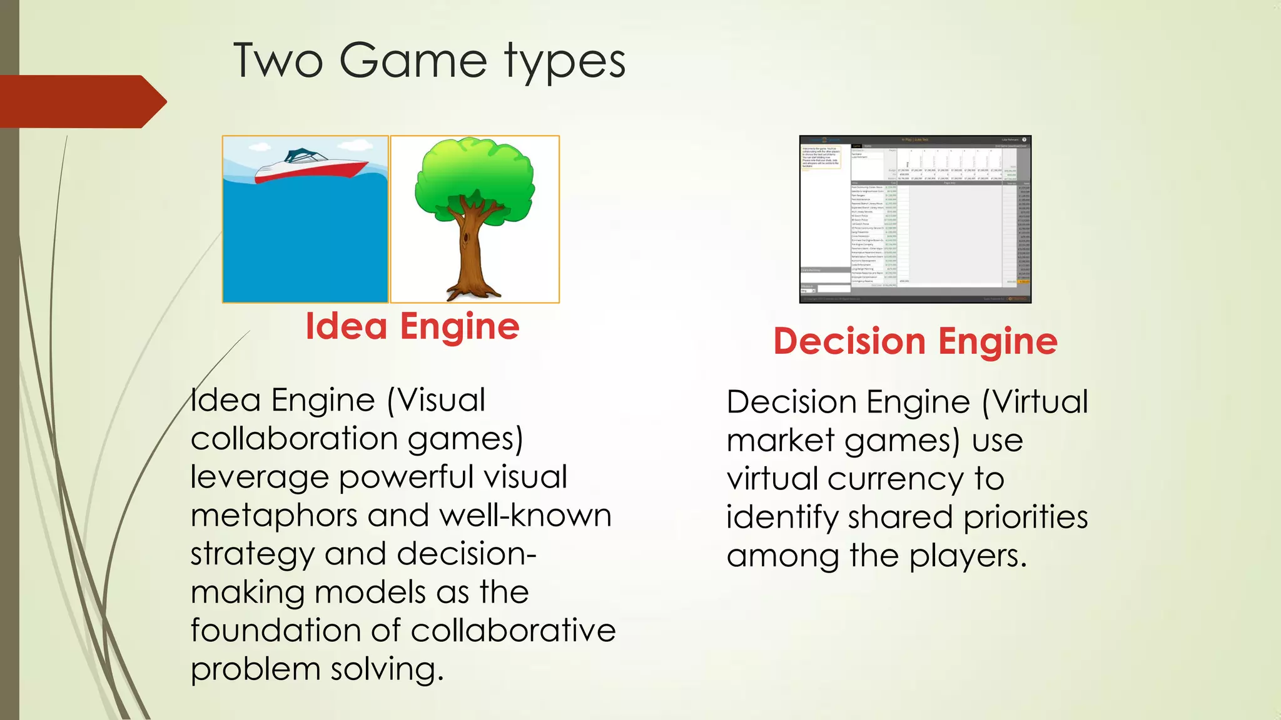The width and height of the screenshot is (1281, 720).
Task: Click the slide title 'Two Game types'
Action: coord(429,61)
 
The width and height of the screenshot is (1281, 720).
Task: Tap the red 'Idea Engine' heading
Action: coord(412,326)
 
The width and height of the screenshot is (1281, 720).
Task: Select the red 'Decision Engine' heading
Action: coord(915,341)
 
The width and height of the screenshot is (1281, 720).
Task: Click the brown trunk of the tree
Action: coord(470,250)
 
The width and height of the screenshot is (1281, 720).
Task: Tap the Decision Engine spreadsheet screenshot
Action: coord(915,219)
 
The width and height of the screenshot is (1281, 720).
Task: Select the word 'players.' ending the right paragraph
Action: coord(968,556)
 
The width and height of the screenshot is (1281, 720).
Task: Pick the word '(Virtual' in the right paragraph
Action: coord(1035,402)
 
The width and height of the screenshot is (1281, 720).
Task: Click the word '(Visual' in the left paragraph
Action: coord(436,401)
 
